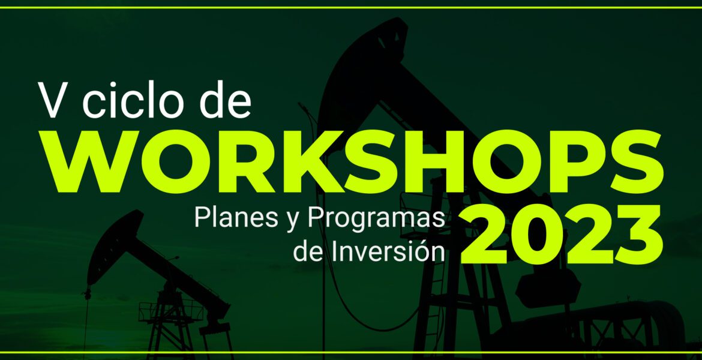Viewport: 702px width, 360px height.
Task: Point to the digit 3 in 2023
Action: click(638, 235)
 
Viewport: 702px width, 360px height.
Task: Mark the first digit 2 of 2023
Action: click(483, 235)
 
